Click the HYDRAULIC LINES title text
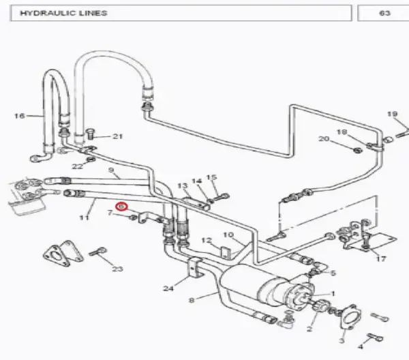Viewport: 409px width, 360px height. click(x=63, y=13)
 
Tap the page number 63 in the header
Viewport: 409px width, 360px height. click(x=384, y=13)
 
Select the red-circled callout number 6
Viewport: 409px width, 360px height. click(x=121, y=207)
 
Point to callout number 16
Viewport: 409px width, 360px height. click(x=19, y=115)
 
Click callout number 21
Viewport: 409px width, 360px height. click(x=117, y=136)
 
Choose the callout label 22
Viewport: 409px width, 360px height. click(x=77, y=166)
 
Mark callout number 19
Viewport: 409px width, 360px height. click(x=393, y=114)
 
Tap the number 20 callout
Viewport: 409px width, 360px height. click(x=324, y=139)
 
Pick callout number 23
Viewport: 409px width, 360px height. click(x=117, y=269)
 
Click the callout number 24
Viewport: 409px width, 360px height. click(x=168, y=288)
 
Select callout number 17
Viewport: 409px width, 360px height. click(x=381, y=259)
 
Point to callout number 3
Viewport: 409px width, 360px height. click(x=342, y=340)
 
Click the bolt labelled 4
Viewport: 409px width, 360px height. click(x=375, y=337)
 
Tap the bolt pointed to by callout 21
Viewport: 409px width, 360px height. click(x=89, y=134)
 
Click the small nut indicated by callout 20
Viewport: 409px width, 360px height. click(x=357, y=150)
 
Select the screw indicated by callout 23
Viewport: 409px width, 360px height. click(x=97, y=252)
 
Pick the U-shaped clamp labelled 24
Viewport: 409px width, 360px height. click(x=194, y=269)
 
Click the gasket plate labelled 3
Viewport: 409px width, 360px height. click(x=351, y=317)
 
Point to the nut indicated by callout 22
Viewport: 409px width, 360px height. click(x=91, y=159)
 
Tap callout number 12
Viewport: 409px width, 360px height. click(x=206, y=240)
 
